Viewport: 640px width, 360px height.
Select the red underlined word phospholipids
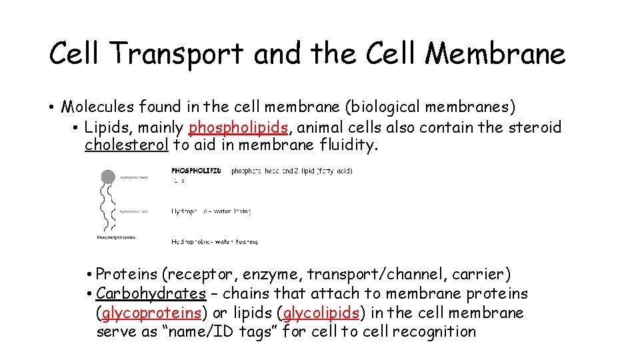pyautogui.click(x=239, y=127)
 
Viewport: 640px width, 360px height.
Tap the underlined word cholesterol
pyautogui.click(x=127, y=145)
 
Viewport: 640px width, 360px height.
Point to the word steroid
pyautogui.click(x=534, y=127)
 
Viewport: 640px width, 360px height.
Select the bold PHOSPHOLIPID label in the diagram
pyautogui.click(x=196, y=171)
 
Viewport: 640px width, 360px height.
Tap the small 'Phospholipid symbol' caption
pyautogui.click(x=116, y=237)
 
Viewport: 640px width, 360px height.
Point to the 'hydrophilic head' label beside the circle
pyautogui.click(x=134, y=178)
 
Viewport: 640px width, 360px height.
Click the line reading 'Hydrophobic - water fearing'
pyautogui.click(x=214, y=241)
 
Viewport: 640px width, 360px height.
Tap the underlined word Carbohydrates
pyautogui.click(x=151, y=293)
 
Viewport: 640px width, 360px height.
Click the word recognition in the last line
pyautogui.click(x=434, y=331)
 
